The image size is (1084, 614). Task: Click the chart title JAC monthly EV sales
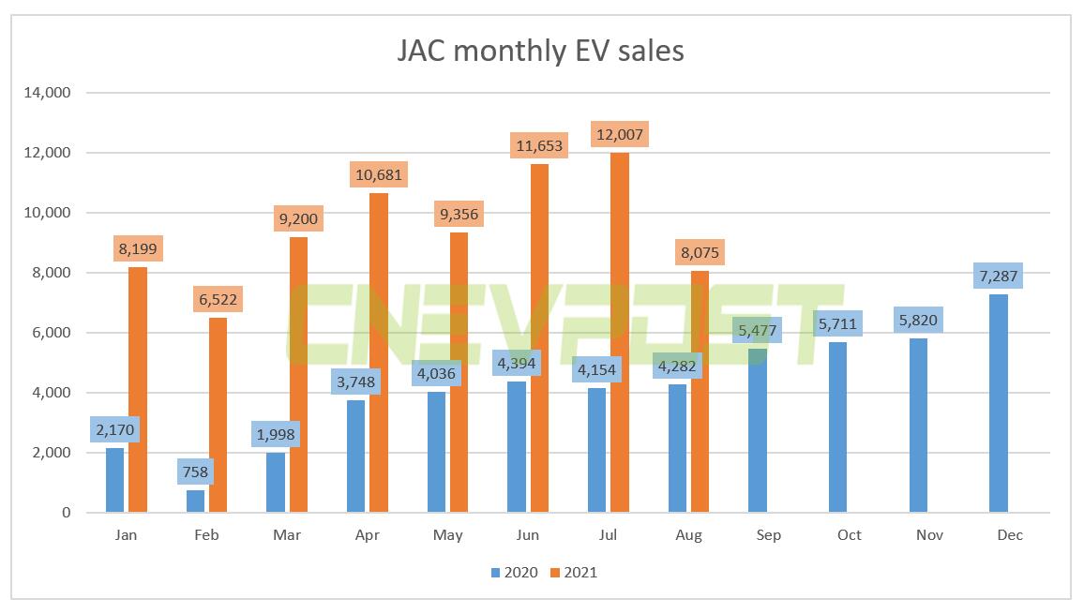[x=540, y=49]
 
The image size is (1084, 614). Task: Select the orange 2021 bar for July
[x=619, y=333]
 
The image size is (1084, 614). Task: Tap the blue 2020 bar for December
[x=998, y=403]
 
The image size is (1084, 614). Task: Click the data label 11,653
[x=539, y=146]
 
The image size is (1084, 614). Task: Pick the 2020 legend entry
[x=513, y=572]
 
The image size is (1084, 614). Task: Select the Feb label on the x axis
[x=206, y=535]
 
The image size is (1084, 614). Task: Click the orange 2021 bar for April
[x=379, y=352]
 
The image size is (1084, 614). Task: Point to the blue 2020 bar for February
[x=195, y=501]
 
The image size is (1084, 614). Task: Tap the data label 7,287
[x=998, y=277]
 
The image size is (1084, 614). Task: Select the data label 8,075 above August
[x=700, y=252]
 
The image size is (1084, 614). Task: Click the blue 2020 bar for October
[x=837, y=427]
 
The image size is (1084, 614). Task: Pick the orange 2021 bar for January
[x=138, y=390]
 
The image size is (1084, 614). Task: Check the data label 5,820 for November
[x=918, y=321]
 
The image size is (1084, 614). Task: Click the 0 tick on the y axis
[x=65, y=513]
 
